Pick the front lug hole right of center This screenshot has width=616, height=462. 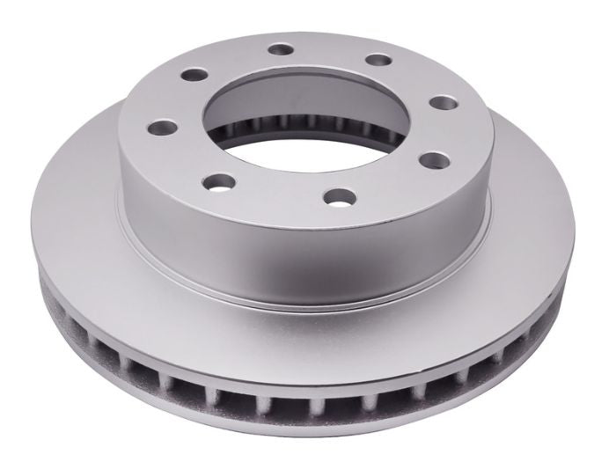coord(334,194)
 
